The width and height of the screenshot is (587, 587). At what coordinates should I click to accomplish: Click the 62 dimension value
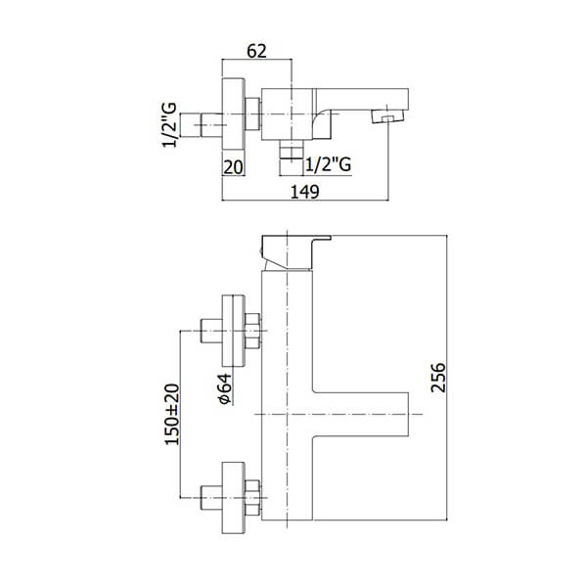(256, 51)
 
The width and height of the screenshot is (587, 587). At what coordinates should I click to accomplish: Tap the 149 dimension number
(305, 192)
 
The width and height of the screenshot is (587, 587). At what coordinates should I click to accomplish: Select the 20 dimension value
(233, 167)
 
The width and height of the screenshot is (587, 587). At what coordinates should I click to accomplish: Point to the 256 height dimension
(438, 377)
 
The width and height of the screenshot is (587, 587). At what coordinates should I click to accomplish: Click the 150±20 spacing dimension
(172, 414)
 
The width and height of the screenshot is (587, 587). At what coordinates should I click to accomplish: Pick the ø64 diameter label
(224, 388)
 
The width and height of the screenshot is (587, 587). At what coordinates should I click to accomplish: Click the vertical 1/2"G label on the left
(169, 125)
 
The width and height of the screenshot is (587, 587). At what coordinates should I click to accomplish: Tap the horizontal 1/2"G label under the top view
(329, 164)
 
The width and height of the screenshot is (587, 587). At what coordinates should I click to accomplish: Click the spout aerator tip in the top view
(387, 116)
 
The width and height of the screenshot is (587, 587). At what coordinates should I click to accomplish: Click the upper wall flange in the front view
(234, 331)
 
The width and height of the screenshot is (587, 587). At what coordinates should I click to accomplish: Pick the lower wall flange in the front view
(234, 498)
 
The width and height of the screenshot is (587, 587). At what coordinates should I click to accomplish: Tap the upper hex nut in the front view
(252, 331)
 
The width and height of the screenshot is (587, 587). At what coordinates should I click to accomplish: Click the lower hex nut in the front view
(252, 498)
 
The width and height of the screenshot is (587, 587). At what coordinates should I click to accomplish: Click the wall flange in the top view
(234, 113)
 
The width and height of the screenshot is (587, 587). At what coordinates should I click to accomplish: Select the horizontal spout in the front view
(360, 414)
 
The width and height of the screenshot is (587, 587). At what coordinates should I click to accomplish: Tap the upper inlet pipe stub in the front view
(212, 331)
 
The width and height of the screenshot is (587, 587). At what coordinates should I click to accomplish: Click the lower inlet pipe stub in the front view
(212, 498)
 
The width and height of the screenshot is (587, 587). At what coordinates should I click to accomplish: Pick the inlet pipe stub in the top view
(212, 125)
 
